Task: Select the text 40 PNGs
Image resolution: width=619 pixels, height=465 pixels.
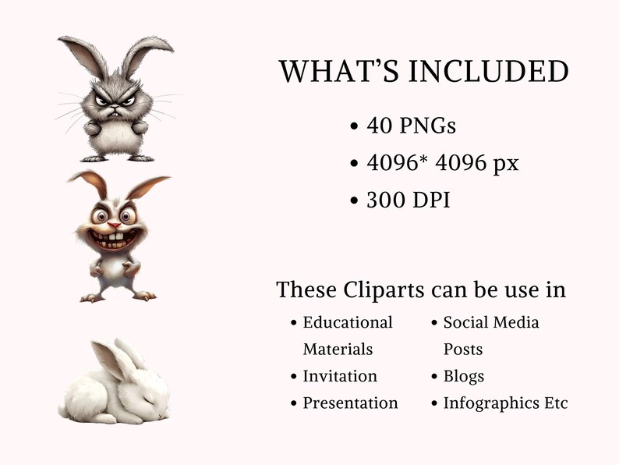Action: click(412, 125)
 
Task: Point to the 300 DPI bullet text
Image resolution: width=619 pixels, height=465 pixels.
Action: click(409, 200)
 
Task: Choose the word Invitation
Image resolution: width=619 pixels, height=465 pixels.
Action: click(340, 376)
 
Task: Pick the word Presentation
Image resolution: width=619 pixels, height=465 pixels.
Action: click(350, 403)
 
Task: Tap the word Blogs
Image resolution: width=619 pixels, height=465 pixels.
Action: click(464, 376)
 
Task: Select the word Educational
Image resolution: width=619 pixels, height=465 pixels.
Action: click(348, 322)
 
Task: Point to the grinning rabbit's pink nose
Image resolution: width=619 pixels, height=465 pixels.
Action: click(114, 225)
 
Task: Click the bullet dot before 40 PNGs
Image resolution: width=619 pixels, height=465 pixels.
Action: click(355, 126)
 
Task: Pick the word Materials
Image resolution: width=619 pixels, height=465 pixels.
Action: click(338, 350)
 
